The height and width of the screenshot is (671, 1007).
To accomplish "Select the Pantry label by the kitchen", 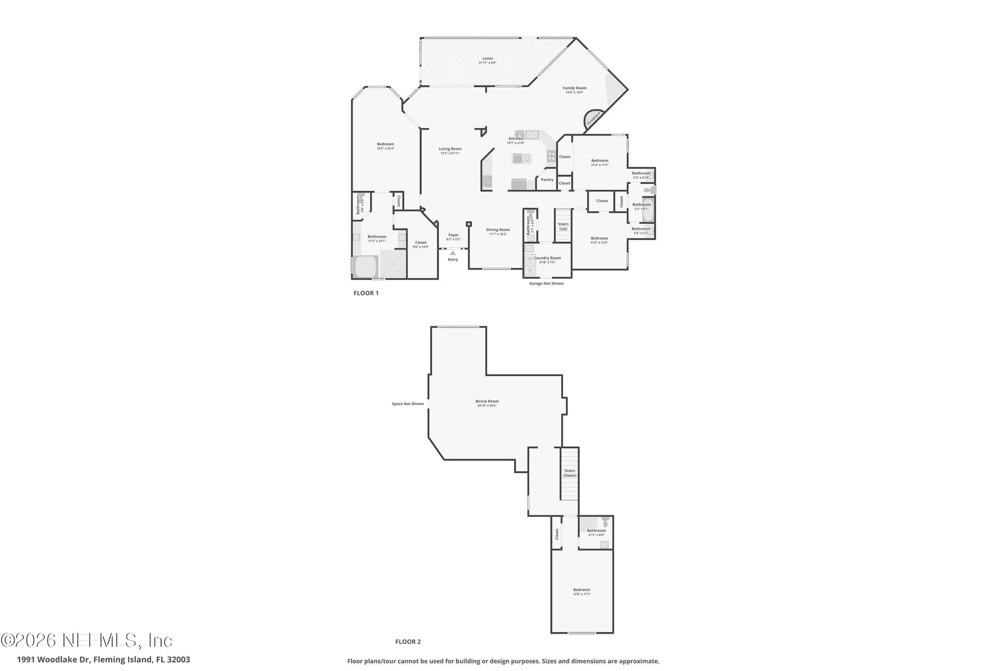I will [547, 180].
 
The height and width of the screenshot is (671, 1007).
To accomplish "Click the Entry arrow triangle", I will [453, 253].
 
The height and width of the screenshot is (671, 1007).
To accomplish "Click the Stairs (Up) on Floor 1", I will [563, 226].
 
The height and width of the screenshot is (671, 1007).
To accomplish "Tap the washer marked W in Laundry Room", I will [530, 259].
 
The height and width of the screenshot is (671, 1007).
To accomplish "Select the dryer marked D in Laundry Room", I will [530, 270].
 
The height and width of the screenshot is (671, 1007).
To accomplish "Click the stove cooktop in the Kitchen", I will [551, 156].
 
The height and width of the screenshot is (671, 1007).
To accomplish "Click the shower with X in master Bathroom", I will [393, 264].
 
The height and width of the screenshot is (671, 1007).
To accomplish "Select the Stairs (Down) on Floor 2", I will [570, 473].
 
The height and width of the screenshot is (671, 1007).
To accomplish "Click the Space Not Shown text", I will [408, 404].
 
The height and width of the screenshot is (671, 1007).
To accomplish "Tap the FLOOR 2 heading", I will [408, 642].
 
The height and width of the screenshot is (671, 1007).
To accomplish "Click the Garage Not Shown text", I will [546, 284].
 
